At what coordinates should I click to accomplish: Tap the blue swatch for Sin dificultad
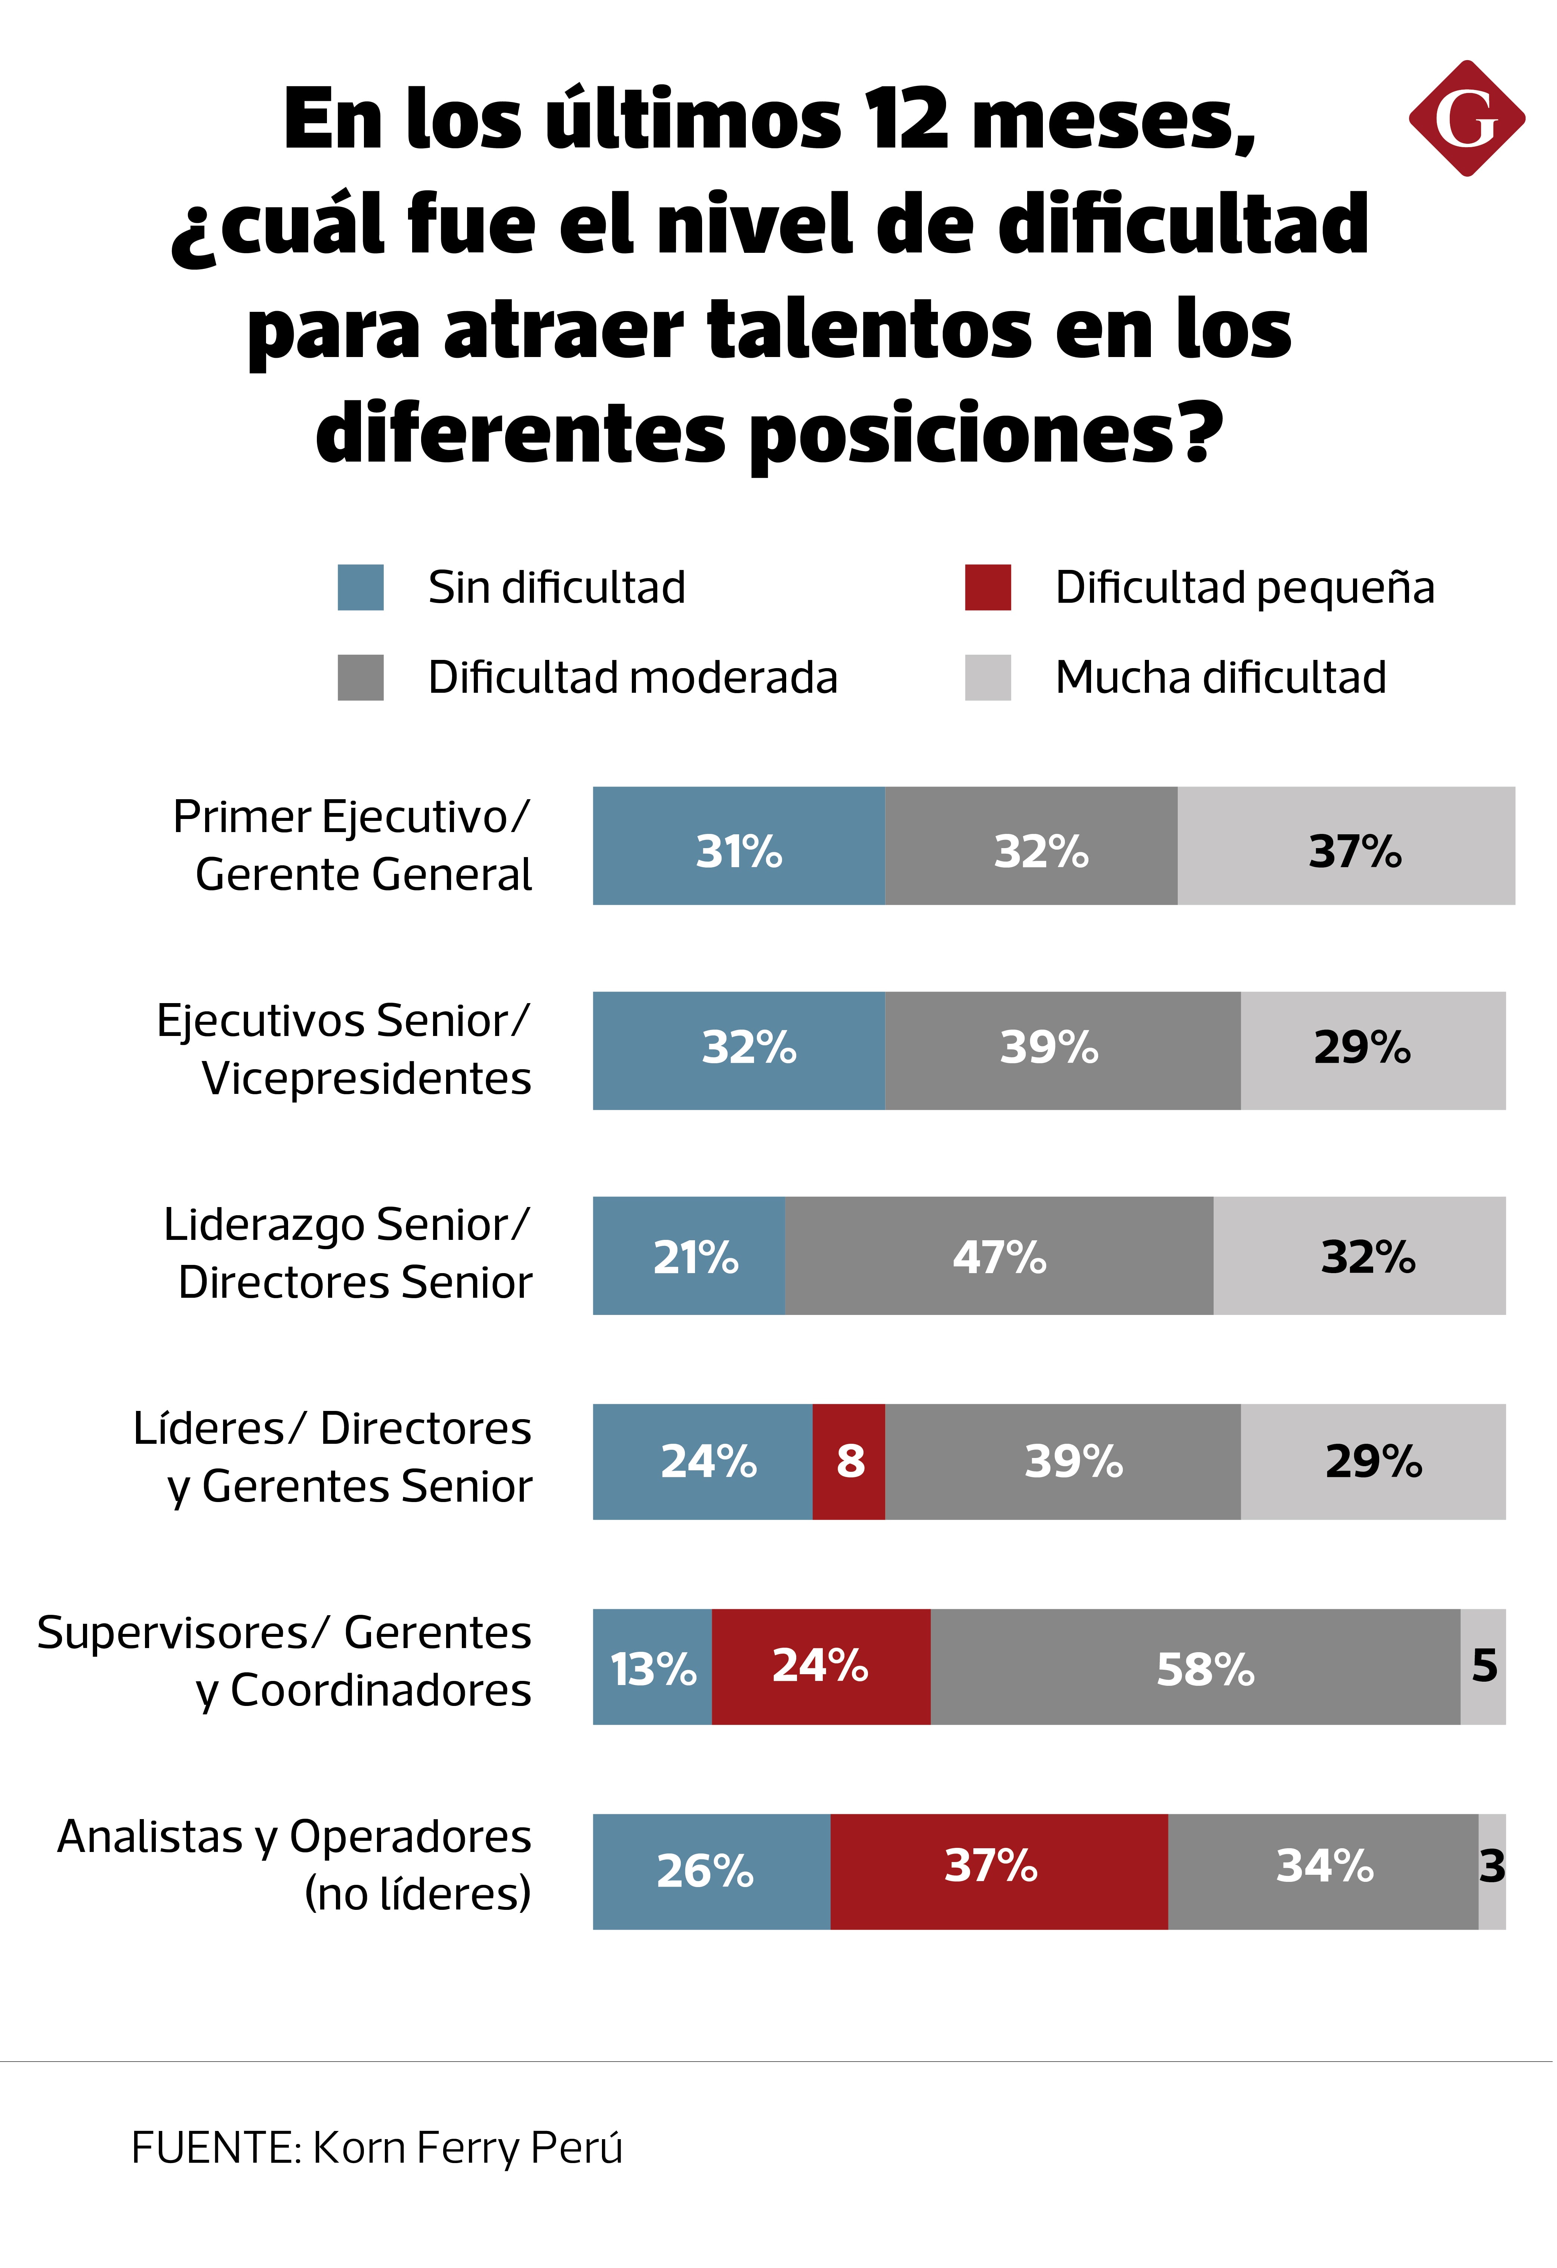click(360, 587)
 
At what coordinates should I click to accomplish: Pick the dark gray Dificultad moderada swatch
click(360, 677)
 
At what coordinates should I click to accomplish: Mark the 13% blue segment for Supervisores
click(652, 1667)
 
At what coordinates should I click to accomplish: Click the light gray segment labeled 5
click(1483, 1667)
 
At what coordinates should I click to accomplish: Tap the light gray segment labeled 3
click(1492, 1872)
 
